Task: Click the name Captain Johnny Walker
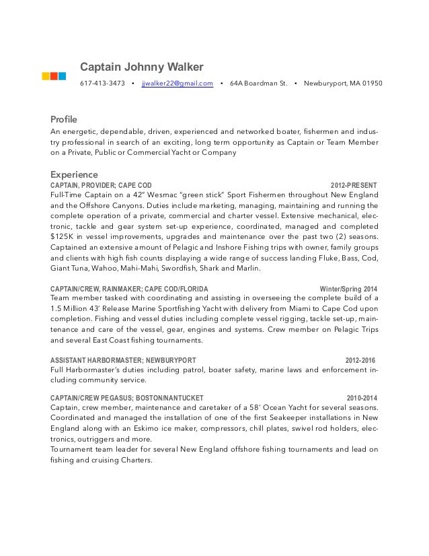pos(141,67)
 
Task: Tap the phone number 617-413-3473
pos(102,84)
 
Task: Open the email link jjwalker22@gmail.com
pos(178,84)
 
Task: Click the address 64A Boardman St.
pos(258,84)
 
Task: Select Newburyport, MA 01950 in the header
pos(343,84)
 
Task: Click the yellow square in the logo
pos(46,75)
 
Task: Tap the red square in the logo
pos(54,75)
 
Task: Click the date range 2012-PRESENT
pos(354,184)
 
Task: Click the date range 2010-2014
pos(362,396)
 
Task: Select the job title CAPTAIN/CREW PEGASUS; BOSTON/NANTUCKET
pos(127,396)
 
